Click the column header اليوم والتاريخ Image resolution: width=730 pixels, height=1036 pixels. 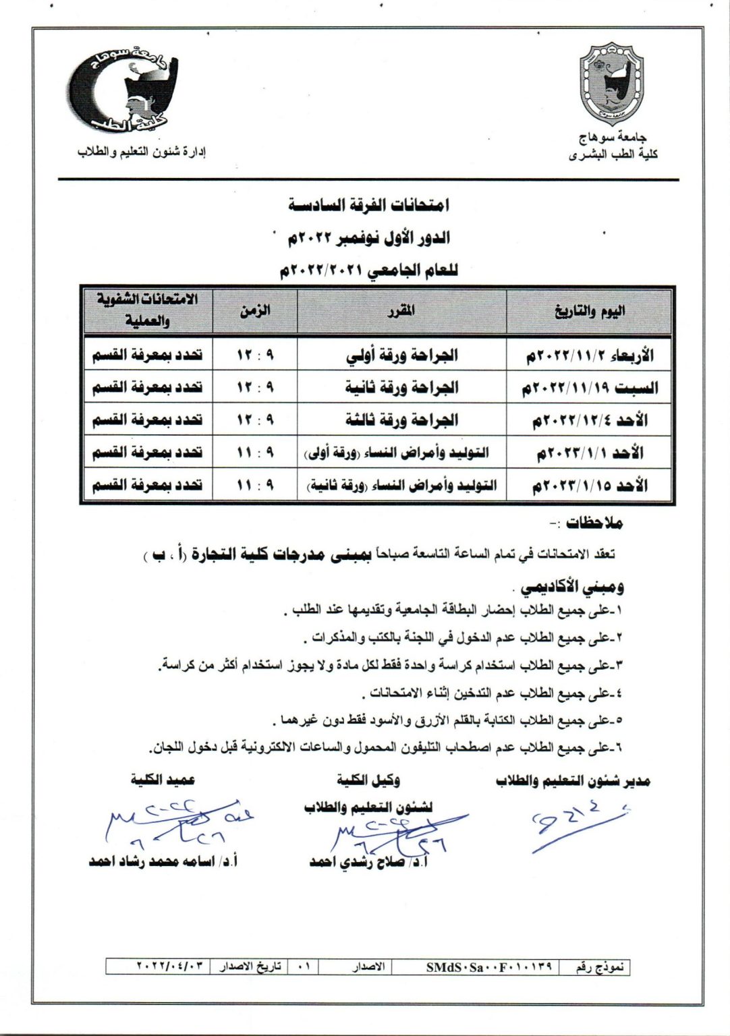pyautogui.click(x=589, y=311)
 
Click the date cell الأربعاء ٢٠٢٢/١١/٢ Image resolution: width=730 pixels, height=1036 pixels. pyautogui.click(x=590, y=355)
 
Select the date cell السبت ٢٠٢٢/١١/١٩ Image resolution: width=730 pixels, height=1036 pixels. pyautogui.click(x=590, y=388)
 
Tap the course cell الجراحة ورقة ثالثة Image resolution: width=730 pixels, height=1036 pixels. pyautogui.click(x=401, y=420)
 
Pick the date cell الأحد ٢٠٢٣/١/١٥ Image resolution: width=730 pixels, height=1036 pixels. pyautogui.click(x=590, y=486)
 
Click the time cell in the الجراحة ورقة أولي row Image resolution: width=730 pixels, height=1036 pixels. pyautogui.click(x=255, y=355)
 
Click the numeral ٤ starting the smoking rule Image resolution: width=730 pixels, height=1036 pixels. pyautogui.click(x=619, y=693)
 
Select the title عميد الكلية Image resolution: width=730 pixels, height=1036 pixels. pyautogui.click(x=163, y=780)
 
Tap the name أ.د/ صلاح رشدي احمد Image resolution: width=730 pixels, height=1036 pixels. pyautogui.click(x=369, y=863)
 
